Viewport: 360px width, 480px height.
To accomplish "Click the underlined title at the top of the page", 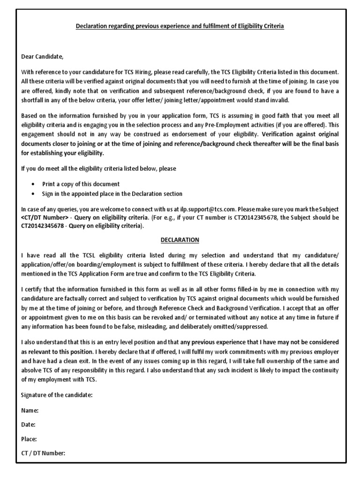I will (x=180, y=27).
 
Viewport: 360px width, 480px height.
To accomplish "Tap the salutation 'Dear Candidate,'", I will (x=42, y=57).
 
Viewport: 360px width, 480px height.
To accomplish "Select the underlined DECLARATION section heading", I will (x=180, y=240).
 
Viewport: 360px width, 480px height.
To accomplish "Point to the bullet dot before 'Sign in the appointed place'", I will (x=32, y=194).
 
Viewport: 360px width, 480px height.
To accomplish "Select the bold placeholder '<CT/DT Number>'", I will (x=44, y=218).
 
